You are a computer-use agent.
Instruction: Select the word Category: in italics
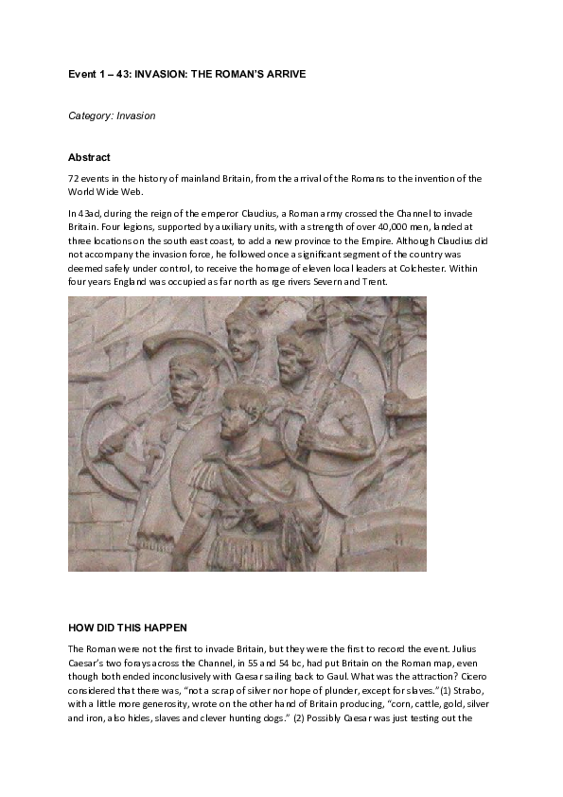91,115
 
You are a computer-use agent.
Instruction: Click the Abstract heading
89,157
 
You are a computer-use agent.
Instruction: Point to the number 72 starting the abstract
73,179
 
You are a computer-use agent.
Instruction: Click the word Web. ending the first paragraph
132,191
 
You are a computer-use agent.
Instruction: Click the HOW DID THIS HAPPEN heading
127,628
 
